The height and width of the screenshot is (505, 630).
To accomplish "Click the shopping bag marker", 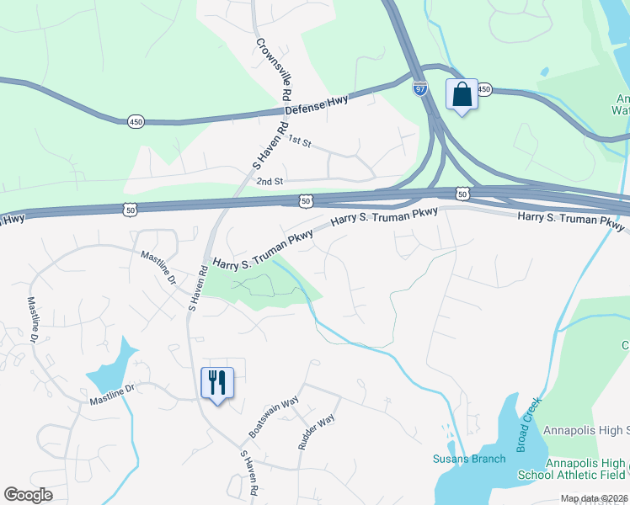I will point(462,93).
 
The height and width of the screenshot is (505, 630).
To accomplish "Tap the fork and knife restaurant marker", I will point(217,383).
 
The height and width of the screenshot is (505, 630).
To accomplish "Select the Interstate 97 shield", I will point(420,88).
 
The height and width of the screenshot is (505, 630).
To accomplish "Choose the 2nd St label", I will point(270,181).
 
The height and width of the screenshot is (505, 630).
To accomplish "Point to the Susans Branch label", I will point(469,459).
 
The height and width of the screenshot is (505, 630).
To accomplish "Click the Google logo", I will point(28,494).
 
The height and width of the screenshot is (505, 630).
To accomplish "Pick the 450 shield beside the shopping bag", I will point(483,88).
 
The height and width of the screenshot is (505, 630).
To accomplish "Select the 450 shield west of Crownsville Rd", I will point(136,122).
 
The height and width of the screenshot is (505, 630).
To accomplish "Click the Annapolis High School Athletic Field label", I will point(585,469).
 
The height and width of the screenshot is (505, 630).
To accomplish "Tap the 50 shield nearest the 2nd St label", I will point(305,200).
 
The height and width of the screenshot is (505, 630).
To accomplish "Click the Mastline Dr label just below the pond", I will point(113,397).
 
